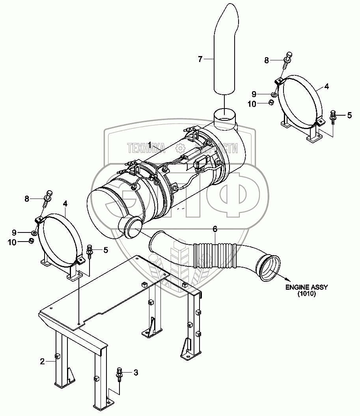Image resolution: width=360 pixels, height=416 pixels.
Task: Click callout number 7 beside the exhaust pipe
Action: coord(200,60)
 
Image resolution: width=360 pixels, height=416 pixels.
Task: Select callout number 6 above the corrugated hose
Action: coord(215,229)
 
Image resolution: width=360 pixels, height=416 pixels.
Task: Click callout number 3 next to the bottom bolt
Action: coord(136,372)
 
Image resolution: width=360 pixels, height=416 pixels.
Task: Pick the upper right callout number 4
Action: coord(327,86)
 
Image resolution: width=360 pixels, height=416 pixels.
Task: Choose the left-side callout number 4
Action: coord(65,204)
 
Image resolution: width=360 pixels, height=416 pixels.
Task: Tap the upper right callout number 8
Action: coord(267,60)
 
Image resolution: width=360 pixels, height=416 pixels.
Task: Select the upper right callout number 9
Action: coord(254,94)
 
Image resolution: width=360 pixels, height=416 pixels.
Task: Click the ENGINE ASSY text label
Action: coord(307,287)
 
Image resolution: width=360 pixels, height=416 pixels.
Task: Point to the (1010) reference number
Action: coord(307,294)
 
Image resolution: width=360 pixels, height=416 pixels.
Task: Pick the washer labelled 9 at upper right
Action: coord(273,94)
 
